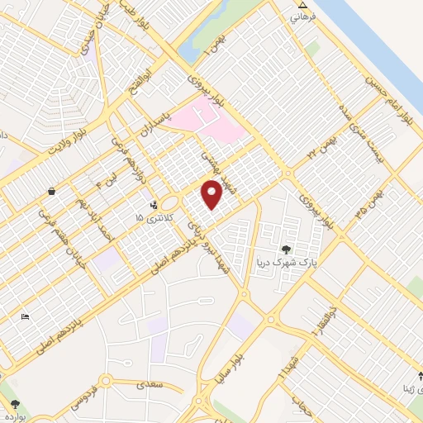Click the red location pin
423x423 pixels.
(x=211, y=193)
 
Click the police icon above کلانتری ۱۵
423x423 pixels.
(x=152, y=203)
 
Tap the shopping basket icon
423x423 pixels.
(x=52, y=191)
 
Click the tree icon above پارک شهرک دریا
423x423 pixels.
(x=286, y=249)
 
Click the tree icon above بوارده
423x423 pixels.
(x=16, y=403)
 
